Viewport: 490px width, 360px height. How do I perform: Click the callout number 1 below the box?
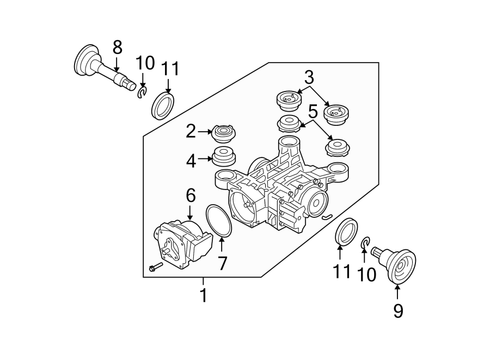pos(203,295)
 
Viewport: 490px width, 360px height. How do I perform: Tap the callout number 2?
pos(191,131)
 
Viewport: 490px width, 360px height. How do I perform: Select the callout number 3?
pos(309,77)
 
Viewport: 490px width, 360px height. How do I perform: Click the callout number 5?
pos(313,113)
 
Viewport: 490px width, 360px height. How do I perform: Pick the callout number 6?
pos(190,195)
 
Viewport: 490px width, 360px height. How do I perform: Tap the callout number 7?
pos(222,263)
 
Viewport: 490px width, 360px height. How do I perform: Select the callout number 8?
pos(117,48)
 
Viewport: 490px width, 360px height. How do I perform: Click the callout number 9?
pos(398,310)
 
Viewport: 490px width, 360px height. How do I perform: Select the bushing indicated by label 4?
pos(223,157)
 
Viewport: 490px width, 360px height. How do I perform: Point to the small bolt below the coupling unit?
pos(155,267)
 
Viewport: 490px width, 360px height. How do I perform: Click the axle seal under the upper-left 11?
pos(162,106)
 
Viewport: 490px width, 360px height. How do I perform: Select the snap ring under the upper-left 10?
pos(142,94)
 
